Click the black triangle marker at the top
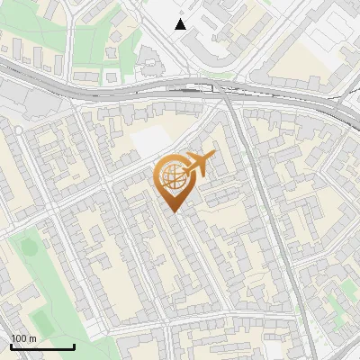(x=181, y=24)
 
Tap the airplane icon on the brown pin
(x=196, y=164)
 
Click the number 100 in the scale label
(x=18, y=338)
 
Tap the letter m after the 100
(x=32, y=338)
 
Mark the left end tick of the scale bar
(x=11, y=346)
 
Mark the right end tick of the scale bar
(x=74, y=346)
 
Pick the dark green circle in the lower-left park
(x=26, y=245)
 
